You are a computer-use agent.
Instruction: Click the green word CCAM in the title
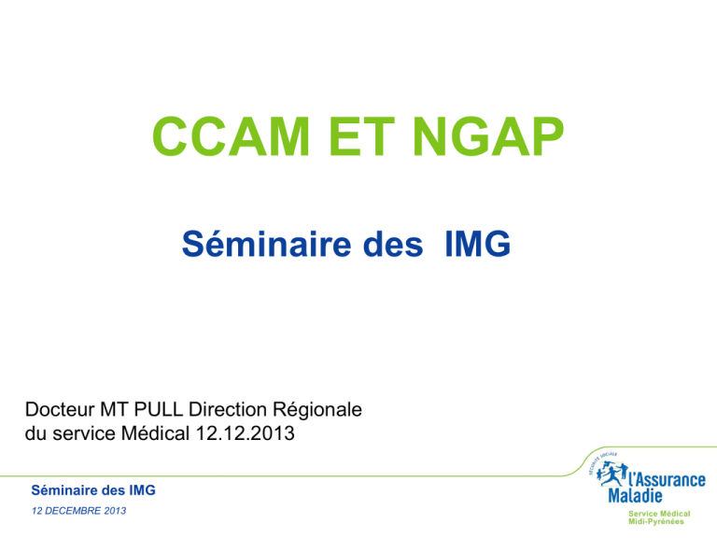point(232,136)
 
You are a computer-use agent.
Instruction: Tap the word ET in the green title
point(361,136)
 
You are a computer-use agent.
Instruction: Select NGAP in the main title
point(488,136)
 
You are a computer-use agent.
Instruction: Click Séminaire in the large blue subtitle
point(267,244)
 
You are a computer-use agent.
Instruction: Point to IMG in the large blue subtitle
point(478,244)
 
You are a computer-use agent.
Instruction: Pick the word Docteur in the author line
point(60,409)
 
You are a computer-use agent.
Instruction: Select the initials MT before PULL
point(114,409)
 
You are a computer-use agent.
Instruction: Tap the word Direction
point(227,409)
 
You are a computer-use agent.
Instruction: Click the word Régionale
point(317,410)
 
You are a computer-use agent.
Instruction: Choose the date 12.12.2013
point(246,433)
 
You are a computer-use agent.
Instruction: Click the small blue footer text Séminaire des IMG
point(93,490)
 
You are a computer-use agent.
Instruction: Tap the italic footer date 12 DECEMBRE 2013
point(78,511)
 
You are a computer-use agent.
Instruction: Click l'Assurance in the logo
point(668,480)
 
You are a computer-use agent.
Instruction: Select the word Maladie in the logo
point(635,495)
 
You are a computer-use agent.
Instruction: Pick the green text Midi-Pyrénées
point(656,521)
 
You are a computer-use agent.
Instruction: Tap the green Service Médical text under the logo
point(659,514)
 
